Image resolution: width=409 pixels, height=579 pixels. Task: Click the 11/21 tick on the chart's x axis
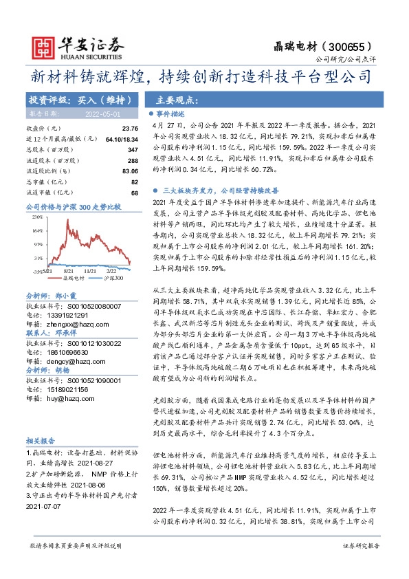point(71,272)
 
